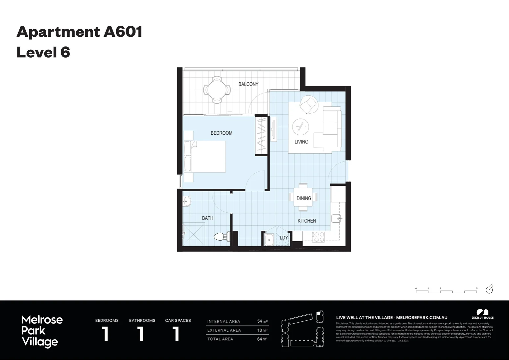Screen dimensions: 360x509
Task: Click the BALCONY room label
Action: [248, 84]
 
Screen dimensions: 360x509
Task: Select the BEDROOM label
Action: [222, 133]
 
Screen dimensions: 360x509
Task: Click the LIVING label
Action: [301, 142]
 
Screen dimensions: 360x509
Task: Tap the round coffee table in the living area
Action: [300, 127]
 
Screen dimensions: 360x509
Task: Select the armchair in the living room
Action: [309, 104]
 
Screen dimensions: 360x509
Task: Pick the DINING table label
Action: [304, 198]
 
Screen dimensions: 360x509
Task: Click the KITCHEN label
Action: [307, 221]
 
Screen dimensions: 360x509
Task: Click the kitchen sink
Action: [336, 219]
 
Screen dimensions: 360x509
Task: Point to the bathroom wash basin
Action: [187, 201]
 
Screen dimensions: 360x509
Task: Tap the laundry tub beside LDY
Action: [268, 239]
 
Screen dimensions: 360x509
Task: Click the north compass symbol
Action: [489, 289]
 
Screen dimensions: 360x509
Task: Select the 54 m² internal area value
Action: [262, 321]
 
